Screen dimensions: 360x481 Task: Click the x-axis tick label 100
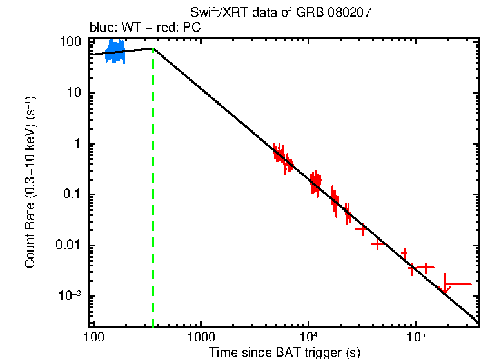93,337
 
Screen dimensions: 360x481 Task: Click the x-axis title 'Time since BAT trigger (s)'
284,352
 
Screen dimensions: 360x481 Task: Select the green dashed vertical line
153,194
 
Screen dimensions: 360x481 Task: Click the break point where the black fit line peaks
153,48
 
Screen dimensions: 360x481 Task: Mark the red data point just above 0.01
378,245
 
